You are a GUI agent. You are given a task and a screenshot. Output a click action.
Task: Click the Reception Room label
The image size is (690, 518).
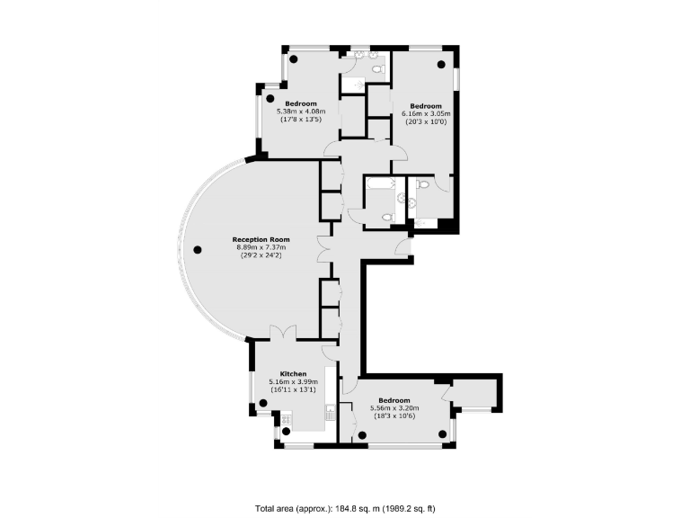click(x=258, y=239)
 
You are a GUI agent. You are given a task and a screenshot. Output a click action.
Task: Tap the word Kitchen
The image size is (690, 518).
click(x=294, y=373)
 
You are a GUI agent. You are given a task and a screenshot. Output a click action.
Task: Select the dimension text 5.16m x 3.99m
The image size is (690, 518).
click(x=294, y=381)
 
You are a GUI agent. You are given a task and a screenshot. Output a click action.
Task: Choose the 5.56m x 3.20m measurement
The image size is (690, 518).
click(x=394, y=408)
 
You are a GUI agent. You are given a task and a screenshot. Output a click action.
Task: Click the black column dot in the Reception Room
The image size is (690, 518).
click(x=198, y=249)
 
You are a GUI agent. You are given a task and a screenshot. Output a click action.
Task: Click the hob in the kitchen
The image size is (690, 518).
click(x=286, y=418)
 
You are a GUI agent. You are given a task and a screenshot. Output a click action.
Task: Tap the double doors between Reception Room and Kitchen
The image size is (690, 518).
click(x=284, y=333)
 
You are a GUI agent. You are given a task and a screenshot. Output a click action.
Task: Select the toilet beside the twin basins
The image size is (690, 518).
click(x=379, y=67)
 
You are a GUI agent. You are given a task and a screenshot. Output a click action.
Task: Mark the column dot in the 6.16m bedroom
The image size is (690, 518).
click(x=440, y=65)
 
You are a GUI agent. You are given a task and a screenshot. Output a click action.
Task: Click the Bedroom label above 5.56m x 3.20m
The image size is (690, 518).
click(x=394, y=400)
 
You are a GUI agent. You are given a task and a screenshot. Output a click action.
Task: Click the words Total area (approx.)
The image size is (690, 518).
click(x=286, y=506)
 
